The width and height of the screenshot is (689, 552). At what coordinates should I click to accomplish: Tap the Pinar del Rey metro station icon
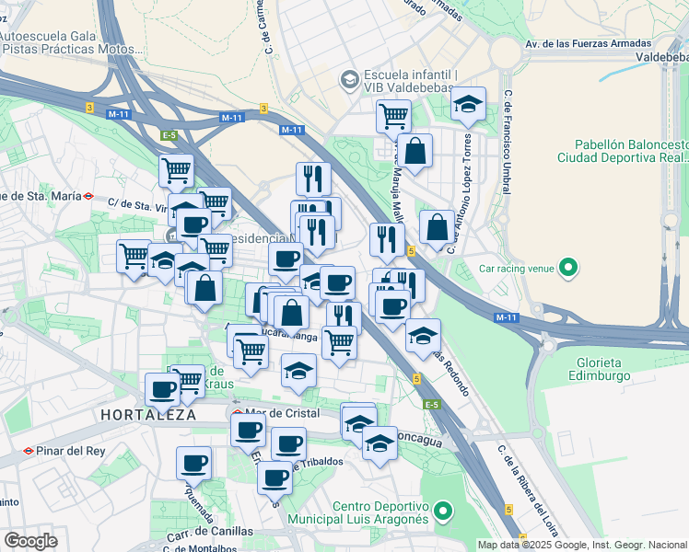click(29, 451)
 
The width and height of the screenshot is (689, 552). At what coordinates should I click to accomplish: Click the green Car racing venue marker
click(569, 270)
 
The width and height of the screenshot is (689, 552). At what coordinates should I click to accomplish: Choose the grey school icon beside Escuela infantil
click(349, 80)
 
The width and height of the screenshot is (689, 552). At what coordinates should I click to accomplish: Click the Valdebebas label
click(660, 57)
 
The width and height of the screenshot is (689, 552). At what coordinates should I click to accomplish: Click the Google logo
click(29, 541)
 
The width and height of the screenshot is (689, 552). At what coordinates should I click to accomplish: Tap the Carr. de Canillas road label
click(209, 531)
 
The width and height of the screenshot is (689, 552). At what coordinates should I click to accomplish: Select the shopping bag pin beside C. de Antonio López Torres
click(437, 226)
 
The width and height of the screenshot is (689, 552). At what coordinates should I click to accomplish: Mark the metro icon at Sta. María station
click(88, 195)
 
